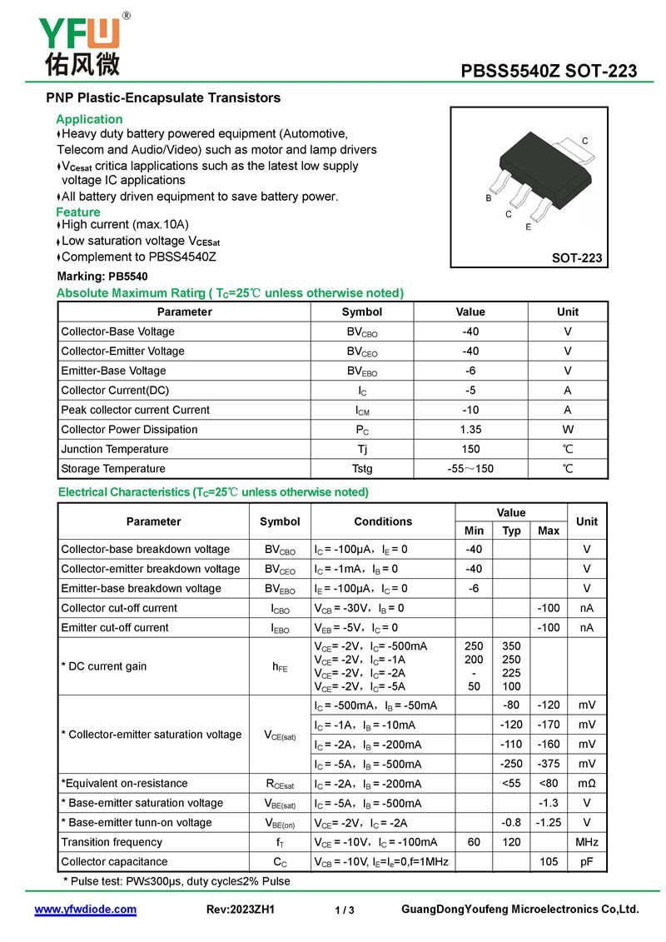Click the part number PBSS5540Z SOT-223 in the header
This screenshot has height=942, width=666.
click(549, 71)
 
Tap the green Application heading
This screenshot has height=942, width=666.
click(89, 119)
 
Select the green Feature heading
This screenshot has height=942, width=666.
click(78, 212)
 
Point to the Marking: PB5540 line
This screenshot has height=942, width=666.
click(102, 277)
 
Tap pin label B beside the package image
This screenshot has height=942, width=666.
click(489, 199)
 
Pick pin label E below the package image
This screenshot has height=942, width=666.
click(528, 227)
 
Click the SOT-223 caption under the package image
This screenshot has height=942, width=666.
click(576, 258)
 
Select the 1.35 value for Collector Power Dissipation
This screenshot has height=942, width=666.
click(470, 430)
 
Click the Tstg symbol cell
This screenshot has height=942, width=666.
click(362, 469)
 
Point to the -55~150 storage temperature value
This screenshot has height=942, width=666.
click(470, 469)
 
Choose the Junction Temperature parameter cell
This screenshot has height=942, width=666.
click(114, 449)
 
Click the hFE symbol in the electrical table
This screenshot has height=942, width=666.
click(280, 666)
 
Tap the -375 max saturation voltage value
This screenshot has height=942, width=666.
click(549, 764)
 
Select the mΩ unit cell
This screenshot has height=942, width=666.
click(587, 783)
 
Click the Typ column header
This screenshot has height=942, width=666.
click(511, 531)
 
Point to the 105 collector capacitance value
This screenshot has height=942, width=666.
click(549, 861)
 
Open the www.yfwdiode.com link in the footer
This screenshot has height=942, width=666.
click(85, 909)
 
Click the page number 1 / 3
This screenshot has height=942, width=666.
click(345, 910)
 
